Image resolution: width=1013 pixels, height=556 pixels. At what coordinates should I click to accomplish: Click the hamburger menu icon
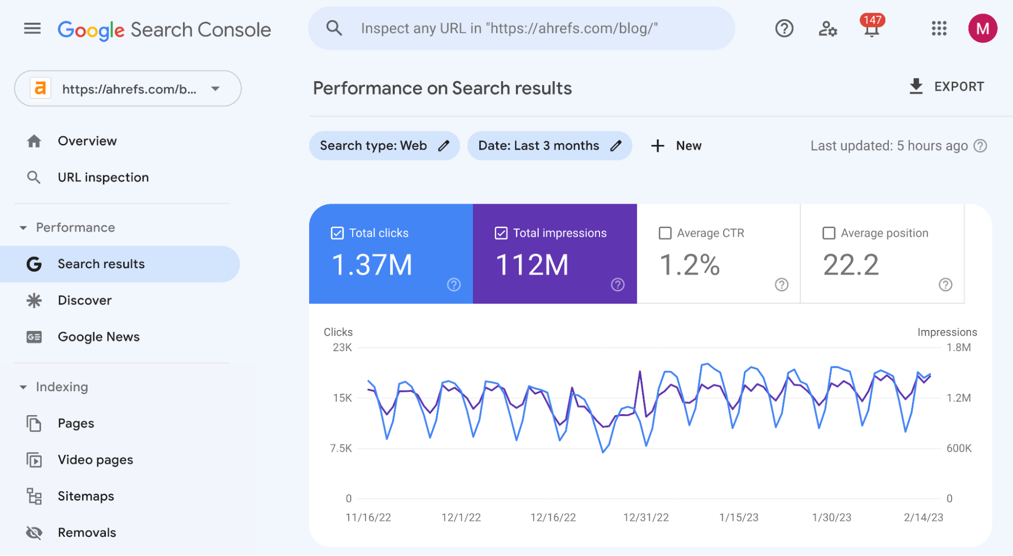point(32,28)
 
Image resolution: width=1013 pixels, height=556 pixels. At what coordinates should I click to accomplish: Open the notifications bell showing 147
point(871,29)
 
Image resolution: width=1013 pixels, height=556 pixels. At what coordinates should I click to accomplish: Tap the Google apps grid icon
point(939,28)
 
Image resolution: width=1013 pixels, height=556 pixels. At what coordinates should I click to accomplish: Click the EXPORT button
point(946,87)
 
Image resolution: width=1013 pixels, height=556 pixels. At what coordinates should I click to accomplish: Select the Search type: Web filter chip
point(384,146)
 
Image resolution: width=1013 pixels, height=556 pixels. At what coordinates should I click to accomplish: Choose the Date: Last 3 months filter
point(549,146)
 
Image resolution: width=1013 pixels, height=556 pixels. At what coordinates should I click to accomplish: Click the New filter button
point(676,146)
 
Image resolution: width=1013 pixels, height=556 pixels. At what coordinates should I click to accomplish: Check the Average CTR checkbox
point(665,233)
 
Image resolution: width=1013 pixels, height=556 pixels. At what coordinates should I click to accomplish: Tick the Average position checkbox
point(829,233)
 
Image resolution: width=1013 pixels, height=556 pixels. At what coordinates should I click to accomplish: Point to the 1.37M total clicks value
point(372,265)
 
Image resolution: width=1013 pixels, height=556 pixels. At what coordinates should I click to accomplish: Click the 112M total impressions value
point(532,265)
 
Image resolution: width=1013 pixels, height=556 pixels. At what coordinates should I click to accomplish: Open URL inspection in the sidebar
point(103,177)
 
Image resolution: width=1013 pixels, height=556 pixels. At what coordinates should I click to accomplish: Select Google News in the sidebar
point(98,337)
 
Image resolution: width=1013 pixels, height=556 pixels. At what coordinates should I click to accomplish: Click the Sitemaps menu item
point(86,496)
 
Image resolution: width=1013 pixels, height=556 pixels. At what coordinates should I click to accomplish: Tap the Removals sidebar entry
point(87,533)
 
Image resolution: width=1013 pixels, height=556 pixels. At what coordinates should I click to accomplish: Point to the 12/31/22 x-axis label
point(646,517)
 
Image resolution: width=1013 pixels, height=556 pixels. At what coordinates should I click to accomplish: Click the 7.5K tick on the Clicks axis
point(341,449)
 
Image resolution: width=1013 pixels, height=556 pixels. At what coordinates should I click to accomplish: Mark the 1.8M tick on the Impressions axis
point(958,348)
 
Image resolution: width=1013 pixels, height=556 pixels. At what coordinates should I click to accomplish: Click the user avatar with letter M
point(982,28)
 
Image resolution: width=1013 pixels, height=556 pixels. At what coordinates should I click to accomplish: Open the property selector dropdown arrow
point(215,89)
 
